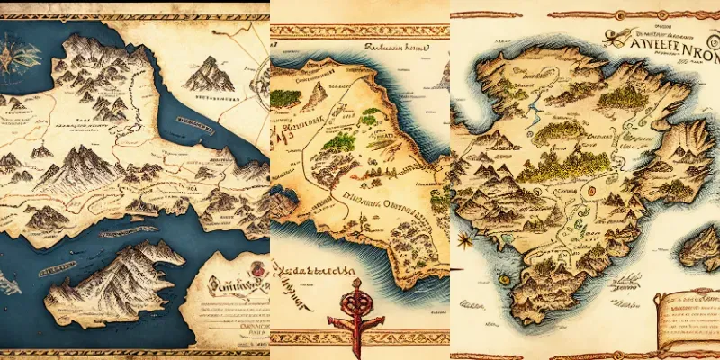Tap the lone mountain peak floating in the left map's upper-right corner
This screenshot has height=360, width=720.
point(210,74)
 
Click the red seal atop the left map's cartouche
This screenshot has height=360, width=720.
point(255,268)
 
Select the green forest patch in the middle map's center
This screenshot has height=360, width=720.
point(339,141)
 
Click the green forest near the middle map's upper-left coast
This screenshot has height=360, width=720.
point(286,97)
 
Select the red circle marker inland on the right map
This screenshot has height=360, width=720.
point(591,190)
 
